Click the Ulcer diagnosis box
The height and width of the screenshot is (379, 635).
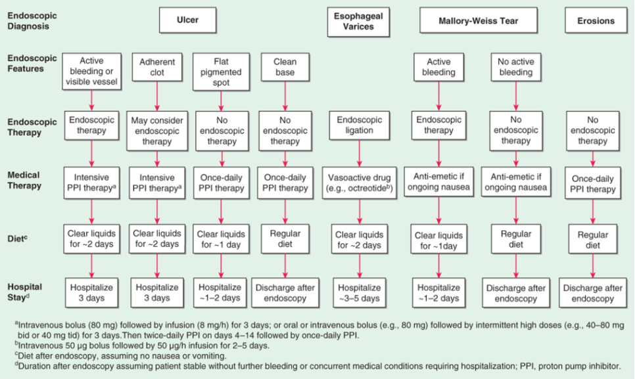(187, 20)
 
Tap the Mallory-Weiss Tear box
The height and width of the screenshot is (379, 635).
(478, 21)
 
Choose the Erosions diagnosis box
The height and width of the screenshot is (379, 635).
(596, 21)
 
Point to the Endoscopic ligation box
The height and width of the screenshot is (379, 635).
(359, 125)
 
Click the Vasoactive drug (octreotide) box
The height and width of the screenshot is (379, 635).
(359, 183)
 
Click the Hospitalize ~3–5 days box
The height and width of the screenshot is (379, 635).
(359, 293)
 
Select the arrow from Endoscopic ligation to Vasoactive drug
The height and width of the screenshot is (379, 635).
(359, 154)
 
